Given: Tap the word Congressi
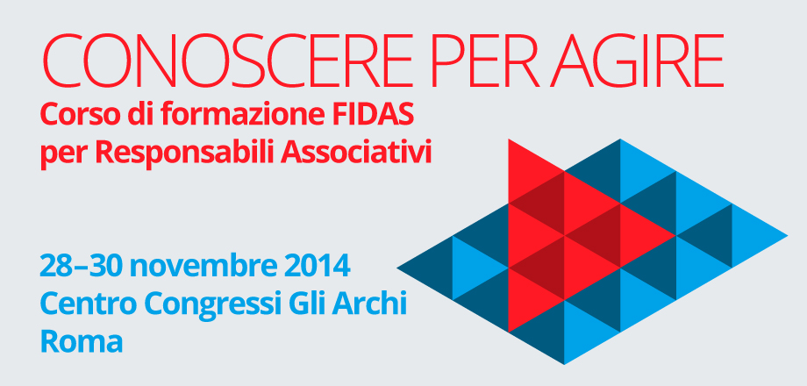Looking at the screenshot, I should coord(210,305).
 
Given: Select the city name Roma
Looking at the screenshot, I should coord(81,341).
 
